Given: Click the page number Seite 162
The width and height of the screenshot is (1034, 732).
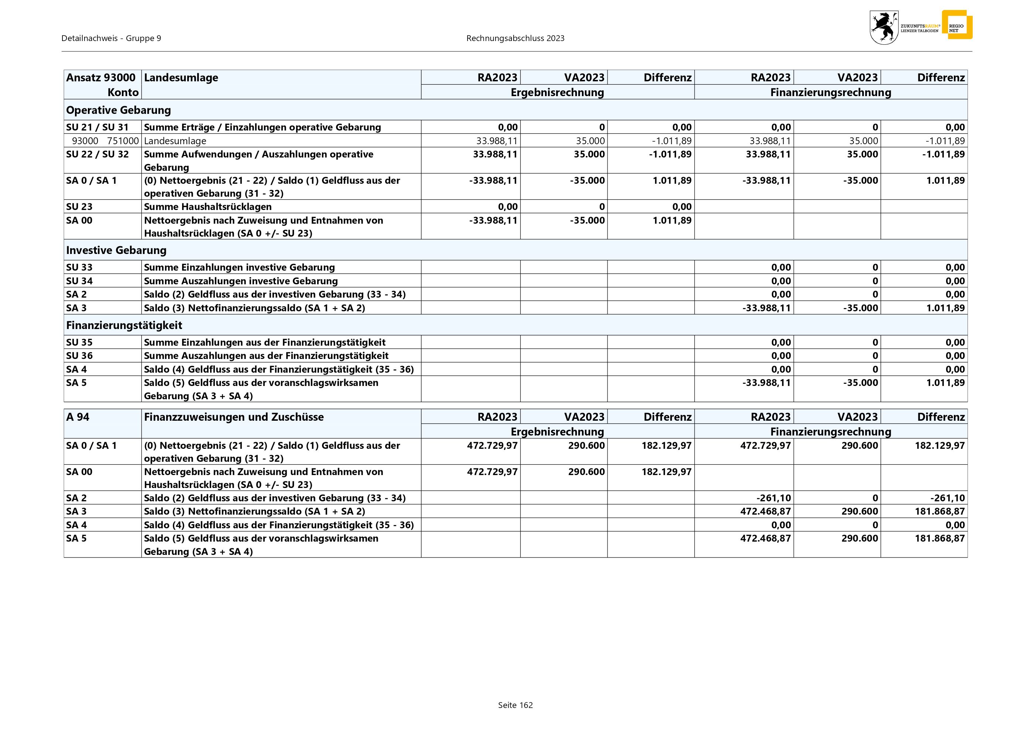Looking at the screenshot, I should coord(515,705).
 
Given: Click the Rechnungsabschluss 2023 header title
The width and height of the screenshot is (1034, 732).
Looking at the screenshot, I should coord(515,38).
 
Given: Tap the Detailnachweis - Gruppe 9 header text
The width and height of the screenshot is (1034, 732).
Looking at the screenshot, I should coord(111,38).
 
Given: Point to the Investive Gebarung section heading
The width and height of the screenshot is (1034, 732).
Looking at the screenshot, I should coord(116,250).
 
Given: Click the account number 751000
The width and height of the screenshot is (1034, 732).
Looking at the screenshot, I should coord(123,140).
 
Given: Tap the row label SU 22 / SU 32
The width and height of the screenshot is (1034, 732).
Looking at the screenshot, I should coord(97,154).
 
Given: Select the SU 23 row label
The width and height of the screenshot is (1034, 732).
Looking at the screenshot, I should coord(79,207).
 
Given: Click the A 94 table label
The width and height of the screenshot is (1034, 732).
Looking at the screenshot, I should coord(78,417).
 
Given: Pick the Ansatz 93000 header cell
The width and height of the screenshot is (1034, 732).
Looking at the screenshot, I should coord(101,78).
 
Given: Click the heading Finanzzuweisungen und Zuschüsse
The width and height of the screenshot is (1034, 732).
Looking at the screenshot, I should coord(234,417).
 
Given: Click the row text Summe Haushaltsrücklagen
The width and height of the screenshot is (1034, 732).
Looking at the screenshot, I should coord(208,207).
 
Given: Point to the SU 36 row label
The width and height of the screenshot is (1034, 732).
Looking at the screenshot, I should coord(79,356).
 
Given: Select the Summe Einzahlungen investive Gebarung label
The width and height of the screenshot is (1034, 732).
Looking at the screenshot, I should coord(239,267).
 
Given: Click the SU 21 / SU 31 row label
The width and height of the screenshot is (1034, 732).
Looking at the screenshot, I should coord(97,127).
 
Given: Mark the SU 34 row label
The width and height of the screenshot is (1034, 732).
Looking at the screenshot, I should coord(79,281).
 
